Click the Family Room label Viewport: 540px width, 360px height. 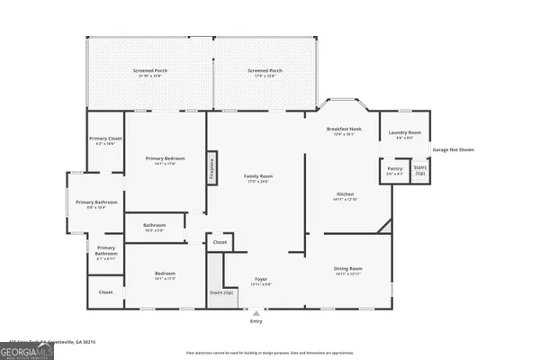pyautogui.click(x=259, y=178)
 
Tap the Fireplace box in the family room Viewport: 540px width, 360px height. pyautogui.click(x=212, y=167)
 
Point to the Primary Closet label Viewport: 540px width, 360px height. pyautogui.click(x=104, y=140)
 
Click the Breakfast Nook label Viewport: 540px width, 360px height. pyautogui.click(x=343, y=131)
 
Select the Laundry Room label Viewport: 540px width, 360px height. pyautogui.click(x=404, y=135)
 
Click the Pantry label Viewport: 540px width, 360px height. pyautogui.click(x=394, y=169)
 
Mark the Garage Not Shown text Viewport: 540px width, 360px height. pyautogui.click(x=453, y=149)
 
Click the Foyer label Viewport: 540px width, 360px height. pyautogui.click(x=260, y=281)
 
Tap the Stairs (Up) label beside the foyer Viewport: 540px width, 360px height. pyautogui.click(x=220, y=293)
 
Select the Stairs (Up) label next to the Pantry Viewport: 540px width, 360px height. pyautogui.click(x=419, y=169)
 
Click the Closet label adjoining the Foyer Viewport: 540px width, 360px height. pyautogui.click(x=220, y=243)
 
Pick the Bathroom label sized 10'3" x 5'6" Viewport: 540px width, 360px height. pyautogui.click(x=154, y=226)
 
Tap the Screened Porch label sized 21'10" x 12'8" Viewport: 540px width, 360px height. pyautogui.click(x=148, y=72)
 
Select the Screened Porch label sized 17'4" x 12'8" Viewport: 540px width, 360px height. pyautogui.click(x=265, y=72)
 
